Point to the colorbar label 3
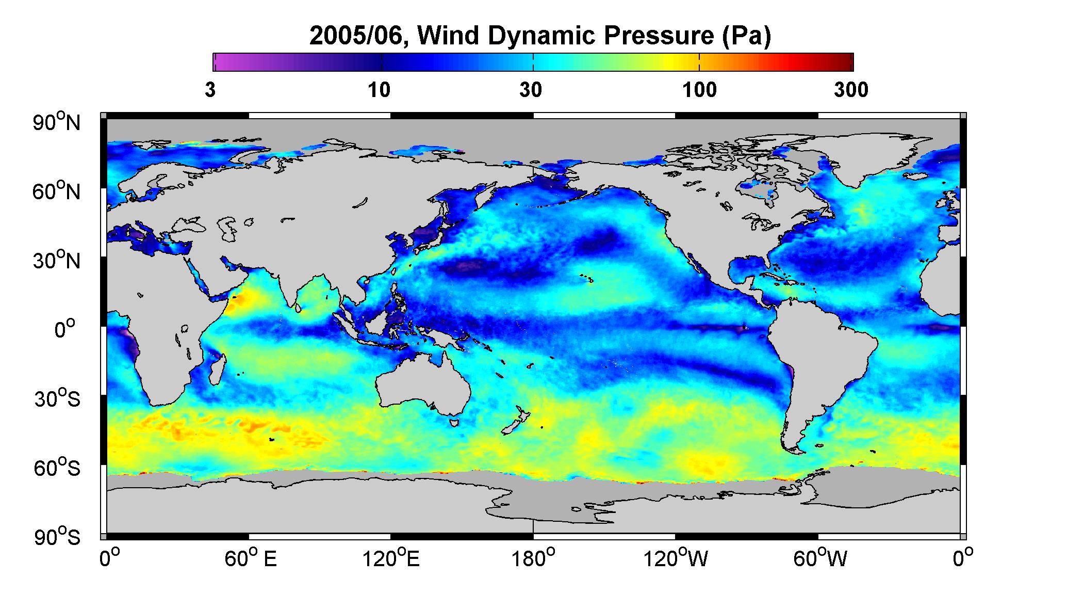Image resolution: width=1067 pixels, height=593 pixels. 210,90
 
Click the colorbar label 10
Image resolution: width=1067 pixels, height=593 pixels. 379,90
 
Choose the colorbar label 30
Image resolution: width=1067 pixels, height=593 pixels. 531,90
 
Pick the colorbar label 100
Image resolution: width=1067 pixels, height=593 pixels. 699,90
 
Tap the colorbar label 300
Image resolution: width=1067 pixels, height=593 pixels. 851,90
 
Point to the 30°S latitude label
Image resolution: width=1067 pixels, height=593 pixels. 57,398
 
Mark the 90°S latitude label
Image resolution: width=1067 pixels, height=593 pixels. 57,537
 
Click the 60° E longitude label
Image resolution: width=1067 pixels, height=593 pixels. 251,559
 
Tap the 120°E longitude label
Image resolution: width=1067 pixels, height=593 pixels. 391,559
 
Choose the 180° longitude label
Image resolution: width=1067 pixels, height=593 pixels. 533,559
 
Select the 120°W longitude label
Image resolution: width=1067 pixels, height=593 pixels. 676,559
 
